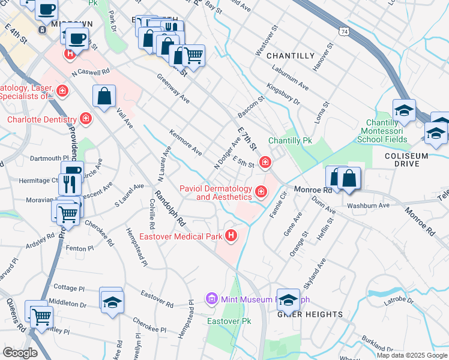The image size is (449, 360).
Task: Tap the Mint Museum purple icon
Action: point(211,298)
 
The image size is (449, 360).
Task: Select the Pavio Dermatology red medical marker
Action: point(261,192)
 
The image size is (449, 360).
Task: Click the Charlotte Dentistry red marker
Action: point(86,119)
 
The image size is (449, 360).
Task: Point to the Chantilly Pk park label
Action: point(291,140)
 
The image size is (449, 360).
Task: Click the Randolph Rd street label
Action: point(169,208)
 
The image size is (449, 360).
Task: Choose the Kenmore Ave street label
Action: point(185,142)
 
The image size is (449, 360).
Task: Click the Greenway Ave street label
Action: point(173,89)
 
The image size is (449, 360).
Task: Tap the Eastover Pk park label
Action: point(229,322)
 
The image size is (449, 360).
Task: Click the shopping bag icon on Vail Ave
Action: point(104,96)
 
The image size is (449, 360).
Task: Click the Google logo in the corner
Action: point(20,353)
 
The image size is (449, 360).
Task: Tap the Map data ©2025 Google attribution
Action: point(411,355)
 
